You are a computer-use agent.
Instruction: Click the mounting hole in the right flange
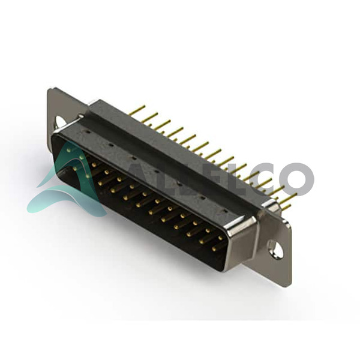[x=276, y=248]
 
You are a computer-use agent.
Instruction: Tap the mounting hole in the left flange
[x=61, y=121]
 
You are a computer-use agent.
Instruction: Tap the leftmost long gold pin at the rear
[x=137, y=110]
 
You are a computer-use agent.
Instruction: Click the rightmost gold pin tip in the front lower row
[x=214, y=248]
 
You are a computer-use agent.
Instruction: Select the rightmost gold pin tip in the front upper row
[x=220, y=238]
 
